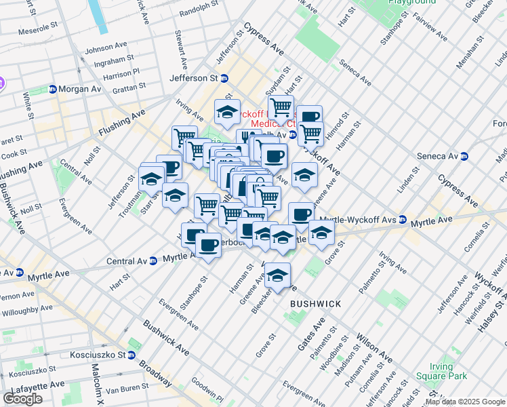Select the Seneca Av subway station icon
(464, 156)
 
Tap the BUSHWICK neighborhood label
(315, 303)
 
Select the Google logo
(22, 399)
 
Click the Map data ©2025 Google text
(465, 402)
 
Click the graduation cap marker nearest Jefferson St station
(228, 112)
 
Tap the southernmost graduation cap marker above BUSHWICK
(277, 275)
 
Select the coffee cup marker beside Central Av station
(208, 246)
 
